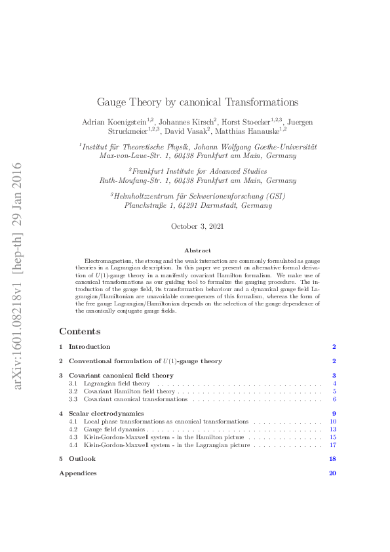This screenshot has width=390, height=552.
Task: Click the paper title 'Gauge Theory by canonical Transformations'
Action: click(x=197, y=102)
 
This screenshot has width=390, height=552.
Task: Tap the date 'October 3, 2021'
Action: click(x=197, y=226)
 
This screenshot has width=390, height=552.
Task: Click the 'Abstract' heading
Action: click(x=197, y=250)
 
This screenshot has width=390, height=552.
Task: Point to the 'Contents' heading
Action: click(x=79, y=331)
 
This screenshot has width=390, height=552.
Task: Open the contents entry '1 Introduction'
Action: click(x=89, y=347)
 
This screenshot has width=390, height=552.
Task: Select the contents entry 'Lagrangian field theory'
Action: click(x=117, y=383)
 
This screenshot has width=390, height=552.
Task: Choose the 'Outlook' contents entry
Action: click(x=82, y=459)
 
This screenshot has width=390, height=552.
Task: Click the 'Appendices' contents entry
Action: click(x=78, y=473)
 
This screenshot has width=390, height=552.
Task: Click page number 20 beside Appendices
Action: click(x=332, y=473)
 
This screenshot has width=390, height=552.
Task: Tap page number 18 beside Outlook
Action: click(x=332, y=459)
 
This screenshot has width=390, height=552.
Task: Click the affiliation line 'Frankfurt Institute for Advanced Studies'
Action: click(x=197, y=170)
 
